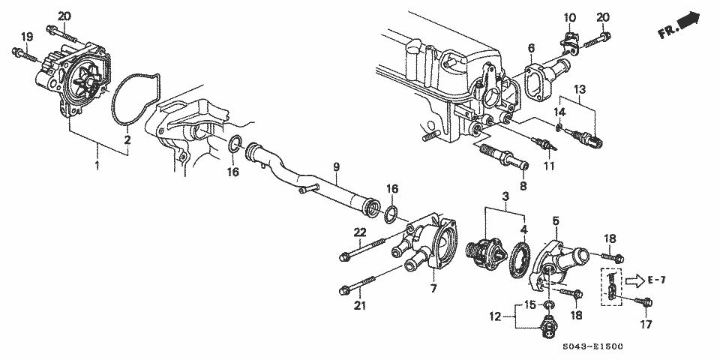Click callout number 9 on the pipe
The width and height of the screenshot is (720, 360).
pos(337,166)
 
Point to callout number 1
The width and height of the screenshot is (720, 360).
pos(96,163)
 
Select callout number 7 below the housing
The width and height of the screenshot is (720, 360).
pos(433,289)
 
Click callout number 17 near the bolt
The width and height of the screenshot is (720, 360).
pos(646,325)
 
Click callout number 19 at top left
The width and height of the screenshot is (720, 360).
pos(27,37)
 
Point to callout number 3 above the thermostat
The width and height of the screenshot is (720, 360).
pos(505,196)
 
